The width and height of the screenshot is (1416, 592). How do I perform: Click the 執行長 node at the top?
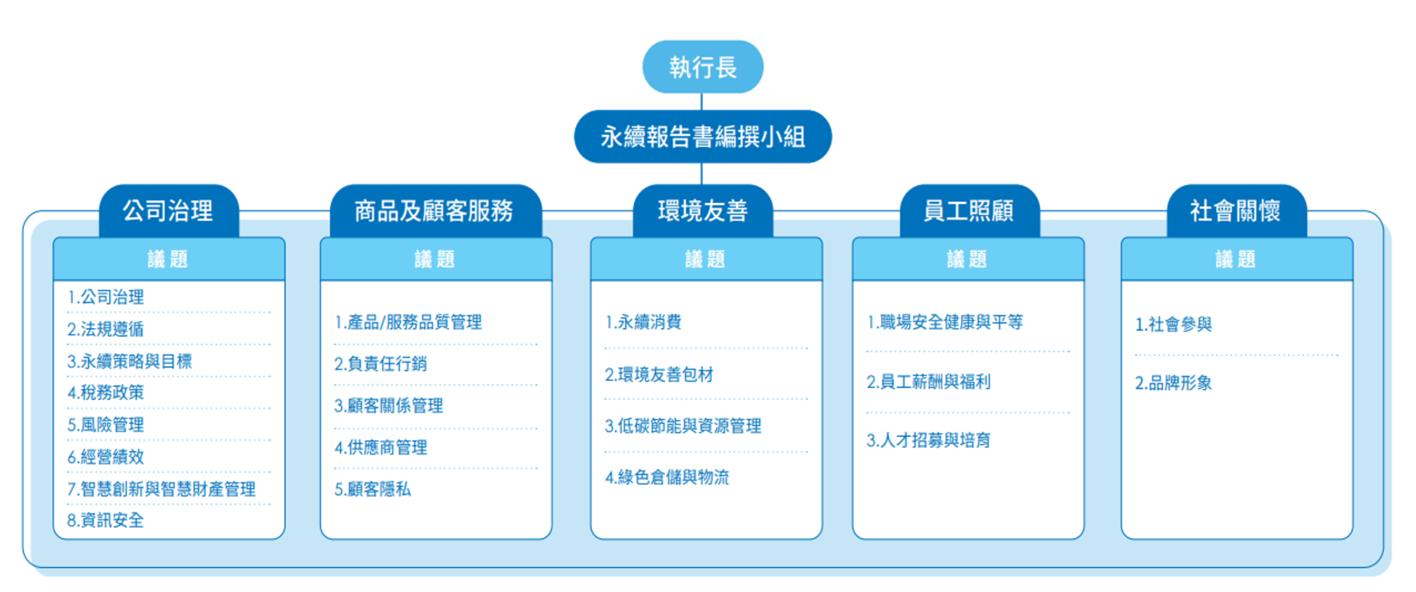pos(702,67)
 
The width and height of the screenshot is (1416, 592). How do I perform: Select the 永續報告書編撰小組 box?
pos(702,136)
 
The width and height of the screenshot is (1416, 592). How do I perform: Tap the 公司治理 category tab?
pos(169,211)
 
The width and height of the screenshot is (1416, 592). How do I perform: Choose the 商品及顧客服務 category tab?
pos(435,211)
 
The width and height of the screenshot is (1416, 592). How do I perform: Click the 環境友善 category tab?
pos(702,211)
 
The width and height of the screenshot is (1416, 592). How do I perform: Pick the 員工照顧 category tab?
pos(969,211)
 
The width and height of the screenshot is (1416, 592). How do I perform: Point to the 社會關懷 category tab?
pos(1236,211)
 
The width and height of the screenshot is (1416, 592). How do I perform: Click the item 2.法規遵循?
pos(106,329)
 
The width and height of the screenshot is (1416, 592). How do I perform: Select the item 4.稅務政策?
pos(106,393)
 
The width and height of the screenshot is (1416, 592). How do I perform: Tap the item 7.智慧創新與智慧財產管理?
pos(162,489)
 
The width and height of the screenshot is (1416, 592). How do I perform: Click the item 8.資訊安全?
pos(106,520)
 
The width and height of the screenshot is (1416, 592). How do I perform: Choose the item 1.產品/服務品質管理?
pos(408,322)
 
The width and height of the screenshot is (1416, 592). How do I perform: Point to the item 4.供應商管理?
pos(381,447)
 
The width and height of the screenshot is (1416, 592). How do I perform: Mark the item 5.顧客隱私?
pos(373,490)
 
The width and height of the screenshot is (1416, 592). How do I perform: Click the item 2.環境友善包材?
pos(659,375)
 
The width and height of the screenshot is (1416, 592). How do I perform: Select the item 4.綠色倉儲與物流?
pos(667,477)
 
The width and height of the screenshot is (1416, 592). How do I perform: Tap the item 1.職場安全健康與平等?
pos(944,322)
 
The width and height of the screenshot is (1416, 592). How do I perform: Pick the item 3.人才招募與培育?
pos(929,441)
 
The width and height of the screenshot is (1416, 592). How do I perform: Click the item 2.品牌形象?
pos(1173,383)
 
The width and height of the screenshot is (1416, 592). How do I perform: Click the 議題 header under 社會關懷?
pos(1236,259)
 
